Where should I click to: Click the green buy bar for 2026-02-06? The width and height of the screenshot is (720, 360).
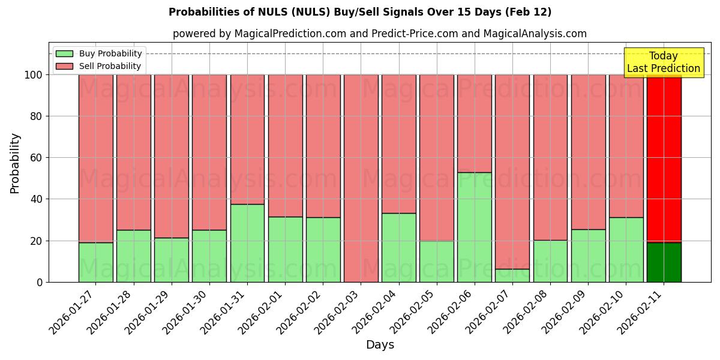click(474, 227)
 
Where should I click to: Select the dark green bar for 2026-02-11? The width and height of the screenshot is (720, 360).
click(664, 262)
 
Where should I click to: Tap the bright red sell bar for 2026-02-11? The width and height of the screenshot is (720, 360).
click(664, 158)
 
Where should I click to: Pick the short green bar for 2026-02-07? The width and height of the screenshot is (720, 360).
click(512, 275)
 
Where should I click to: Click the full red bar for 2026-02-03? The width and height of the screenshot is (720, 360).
click(361, 178)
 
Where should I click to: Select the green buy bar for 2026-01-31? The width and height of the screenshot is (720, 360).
click(247, 243)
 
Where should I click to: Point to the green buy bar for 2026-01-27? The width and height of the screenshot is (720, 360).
click(95, 262)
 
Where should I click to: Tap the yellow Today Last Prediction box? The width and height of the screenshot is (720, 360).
click(664, 62)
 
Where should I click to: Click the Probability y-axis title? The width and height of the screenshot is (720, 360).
click(15, 163)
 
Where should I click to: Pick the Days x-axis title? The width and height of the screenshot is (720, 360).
click(380, 344)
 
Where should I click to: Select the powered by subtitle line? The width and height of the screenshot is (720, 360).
click(380, 34)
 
